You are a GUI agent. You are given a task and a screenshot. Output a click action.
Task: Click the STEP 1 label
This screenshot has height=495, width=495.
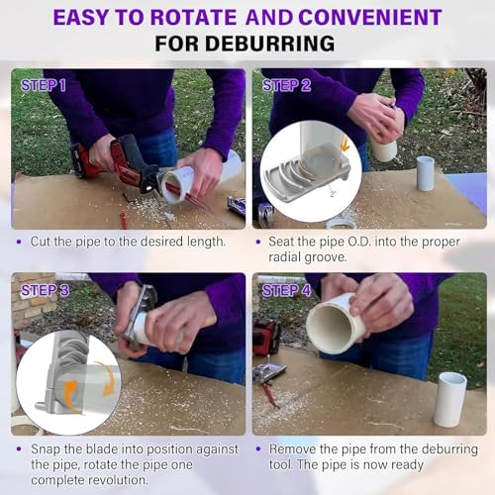pos(44,85)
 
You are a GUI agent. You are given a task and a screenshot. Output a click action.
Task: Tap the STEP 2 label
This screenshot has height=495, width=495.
pos(286,85)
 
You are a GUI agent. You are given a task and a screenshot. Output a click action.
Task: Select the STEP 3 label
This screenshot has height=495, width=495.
pos(45,290)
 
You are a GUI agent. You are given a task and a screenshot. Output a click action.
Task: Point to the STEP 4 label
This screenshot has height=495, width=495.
pos(286,290)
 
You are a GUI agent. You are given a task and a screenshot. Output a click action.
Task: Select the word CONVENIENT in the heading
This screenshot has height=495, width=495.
pos(370,17)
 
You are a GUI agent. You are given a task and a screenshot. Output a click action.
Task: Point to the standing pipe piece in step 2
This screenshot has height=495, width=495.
pos(425,173)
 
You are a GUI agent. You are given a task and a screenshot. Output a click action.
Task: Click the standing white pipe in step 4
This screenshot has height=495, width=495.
pos(450,400)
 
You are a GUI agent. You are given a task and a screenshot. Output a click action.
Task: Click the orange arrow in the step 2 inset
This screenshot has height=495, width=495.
pos(346,145)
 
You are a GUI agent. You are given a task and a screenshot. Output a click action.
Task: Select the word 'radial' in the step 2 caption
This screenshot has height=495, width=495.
pos(284,257)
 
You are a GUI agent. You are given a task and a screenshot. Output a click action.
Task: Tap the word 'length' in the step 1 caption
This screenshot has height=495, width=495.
pos(206,242)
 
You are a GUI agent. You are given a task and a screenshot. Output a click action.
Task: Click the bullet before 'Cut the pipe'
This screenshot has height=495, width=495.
pos(20,242)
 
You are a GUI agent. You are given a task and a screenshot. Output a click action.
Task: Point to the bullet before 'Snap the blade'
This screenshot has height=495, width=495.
pos(20,449)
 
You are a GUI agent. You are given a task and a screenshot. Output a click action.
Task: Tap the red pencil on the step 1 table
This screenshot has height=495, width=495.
pos(123,219)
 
